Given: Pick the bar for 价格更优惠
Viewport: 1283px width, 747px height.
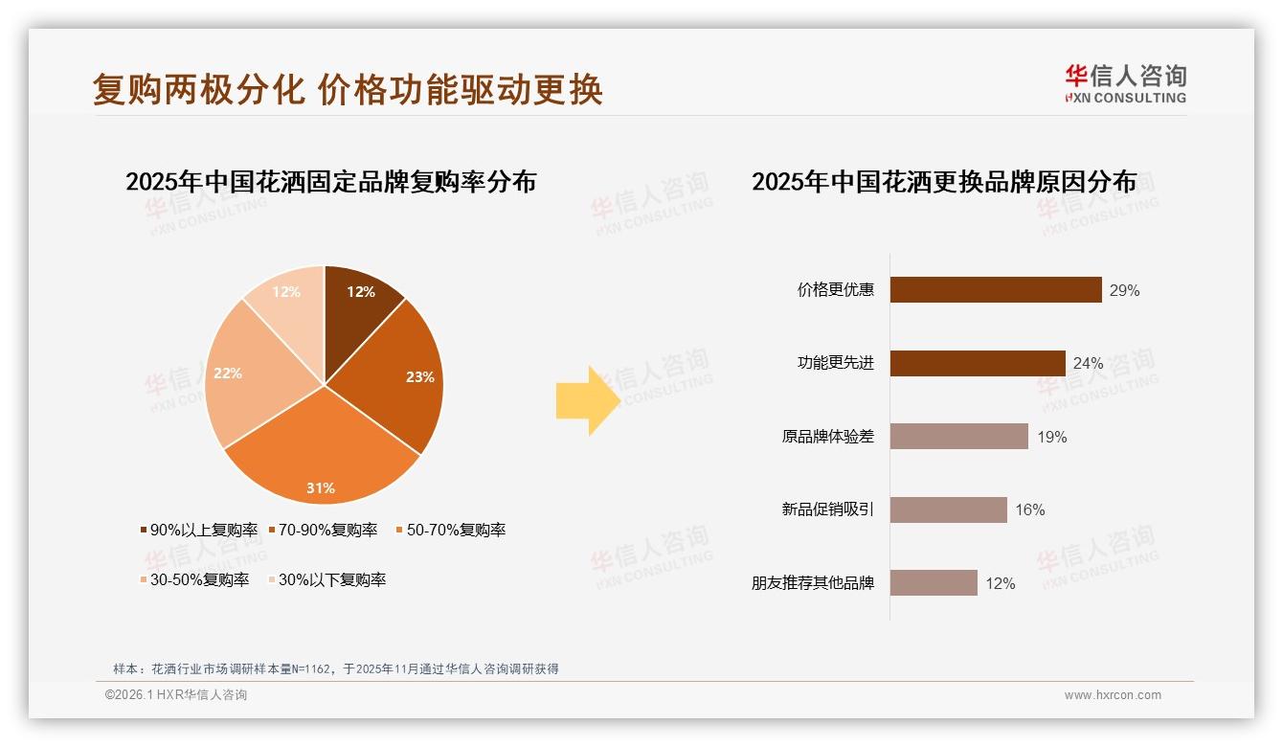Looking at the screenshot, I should point(996,289).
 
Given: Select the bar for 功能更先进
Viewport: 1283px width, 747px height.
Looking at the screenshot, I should point(978,363).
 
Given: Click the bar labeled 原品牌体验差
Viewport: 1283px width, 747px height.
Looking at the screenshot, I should point(958,437).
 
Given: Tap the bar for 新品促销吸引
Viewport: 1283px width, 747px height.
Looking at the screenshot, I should point(948,509).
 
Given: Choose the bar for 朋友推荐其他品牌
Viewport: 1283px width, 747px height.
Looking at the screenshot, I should point(934,583).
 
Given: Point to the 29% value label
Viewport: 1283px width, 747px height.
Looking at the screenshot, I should point(1125,290).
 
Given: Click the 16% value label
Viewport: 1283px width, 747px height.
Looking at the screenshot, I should point(1030,510).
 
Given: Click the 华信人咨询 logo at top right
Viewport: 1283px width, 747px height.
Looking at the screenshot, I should point(1125,83).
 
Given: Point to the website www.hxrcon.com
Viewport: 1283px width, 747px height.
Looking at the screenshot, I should point(1113,695).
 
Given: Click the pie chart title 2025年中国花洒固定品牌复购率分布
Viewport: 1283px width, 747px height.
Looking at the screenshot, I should point(330,181).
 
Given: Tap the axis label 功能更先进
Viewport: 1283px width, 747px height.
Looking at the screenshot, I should point(836,363).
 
